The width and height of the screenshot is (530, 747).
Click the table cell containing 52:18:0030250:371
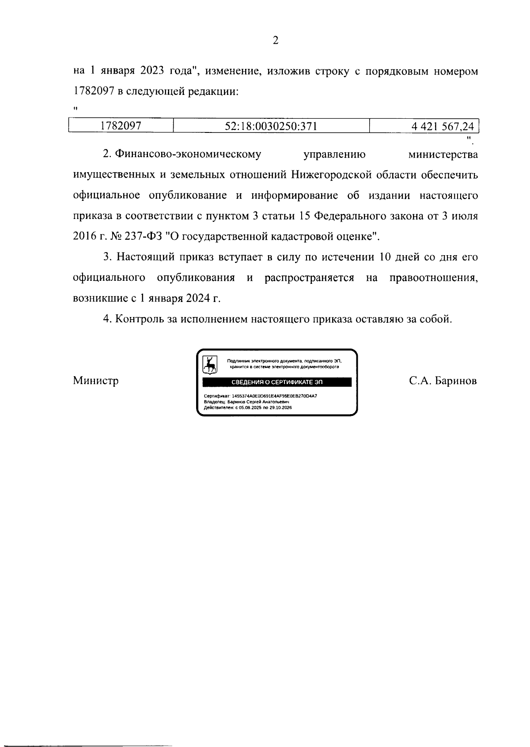271,126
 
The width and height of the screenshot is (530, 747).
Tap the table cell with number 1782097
121,126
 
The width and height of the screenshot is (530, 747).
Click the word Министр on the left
96,381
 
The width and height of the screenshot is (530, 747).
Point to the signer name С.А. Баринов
443,381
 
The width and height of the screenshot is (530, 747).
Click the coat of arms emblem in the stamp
209,365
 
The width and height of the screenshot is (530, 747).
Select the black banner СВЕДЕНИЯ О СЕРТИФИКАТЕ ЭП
277,382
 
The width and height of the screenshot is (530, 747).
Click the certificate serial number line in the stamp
261,396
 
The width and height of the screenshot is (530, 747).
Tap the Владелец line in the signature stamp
246,402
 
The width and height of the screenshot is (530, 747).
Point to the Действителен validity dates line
248,407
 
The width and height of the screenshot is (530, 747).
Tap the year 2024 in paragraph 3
197,298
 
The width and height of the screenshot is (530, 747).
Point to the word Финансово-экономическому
188,155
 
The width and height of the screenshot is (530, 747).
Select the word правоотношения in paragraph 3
433,278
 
